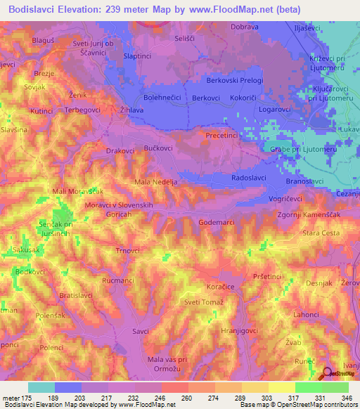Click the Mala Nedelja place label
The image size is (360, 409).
tap(156, 182)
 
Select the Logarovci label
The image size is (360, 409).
tap(275, 109)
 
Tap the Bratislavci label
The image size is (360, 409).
tap(77, 296)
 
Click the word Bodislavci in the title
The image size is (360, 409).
tap(36, 10)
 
